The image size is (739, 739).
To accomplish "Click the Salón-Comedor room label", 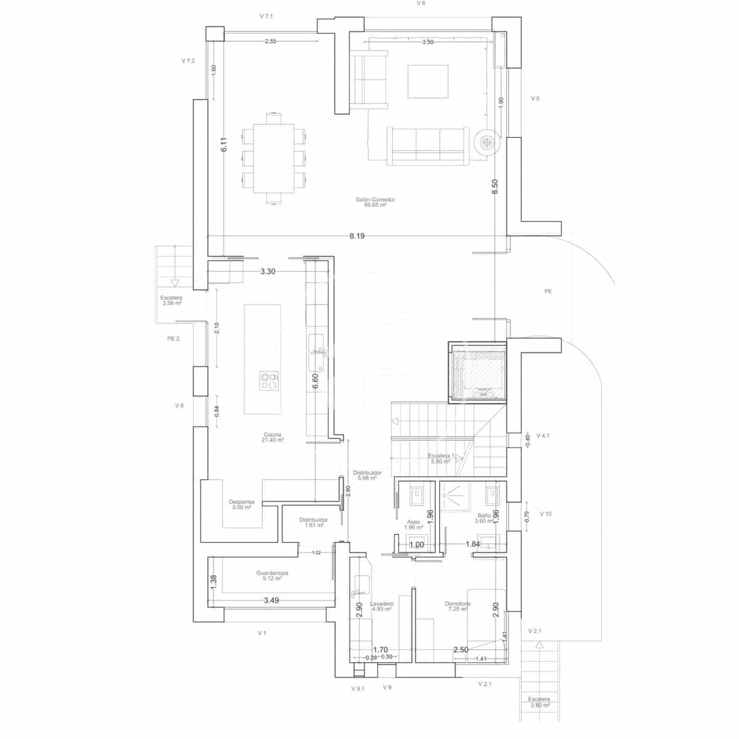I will point(374,202).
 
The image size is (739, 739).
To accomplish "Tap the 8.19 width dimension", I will point(357,236).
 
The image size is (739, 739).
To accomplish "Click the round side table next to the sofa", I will point(487,143).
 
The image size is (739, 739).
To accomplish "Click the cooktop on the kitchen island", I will point(269,381).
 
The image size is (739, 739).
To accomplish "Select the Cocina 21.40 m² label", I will point(273,437).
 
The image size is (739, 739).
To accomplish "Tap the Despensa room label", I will point(241,504).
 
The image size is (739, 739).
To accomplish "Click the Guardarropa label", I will point(272,575).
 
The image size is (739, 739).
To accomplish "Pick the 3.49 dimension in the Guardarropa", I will point(271,600).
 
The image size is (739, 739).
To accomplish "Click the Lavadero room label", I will point(382,607).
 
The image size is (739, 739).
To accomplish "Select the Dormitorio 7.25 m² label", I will point(458,606).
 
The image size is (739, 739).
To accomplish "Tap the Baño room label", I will point(484,518).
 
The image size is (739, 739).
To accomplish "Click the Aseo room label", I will point(413,524).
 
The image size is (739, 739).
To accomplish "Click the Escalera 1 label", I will point(441,458).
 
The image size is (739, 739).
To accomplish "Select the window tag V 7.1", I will point(266,16).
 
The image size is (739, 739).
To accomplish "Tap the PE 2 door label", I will point(173,339).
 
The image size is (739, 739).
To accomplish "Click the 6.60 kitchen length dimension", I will point(315,381).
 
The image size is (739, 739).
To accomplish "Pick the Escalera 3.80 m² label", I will point(539,702).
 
